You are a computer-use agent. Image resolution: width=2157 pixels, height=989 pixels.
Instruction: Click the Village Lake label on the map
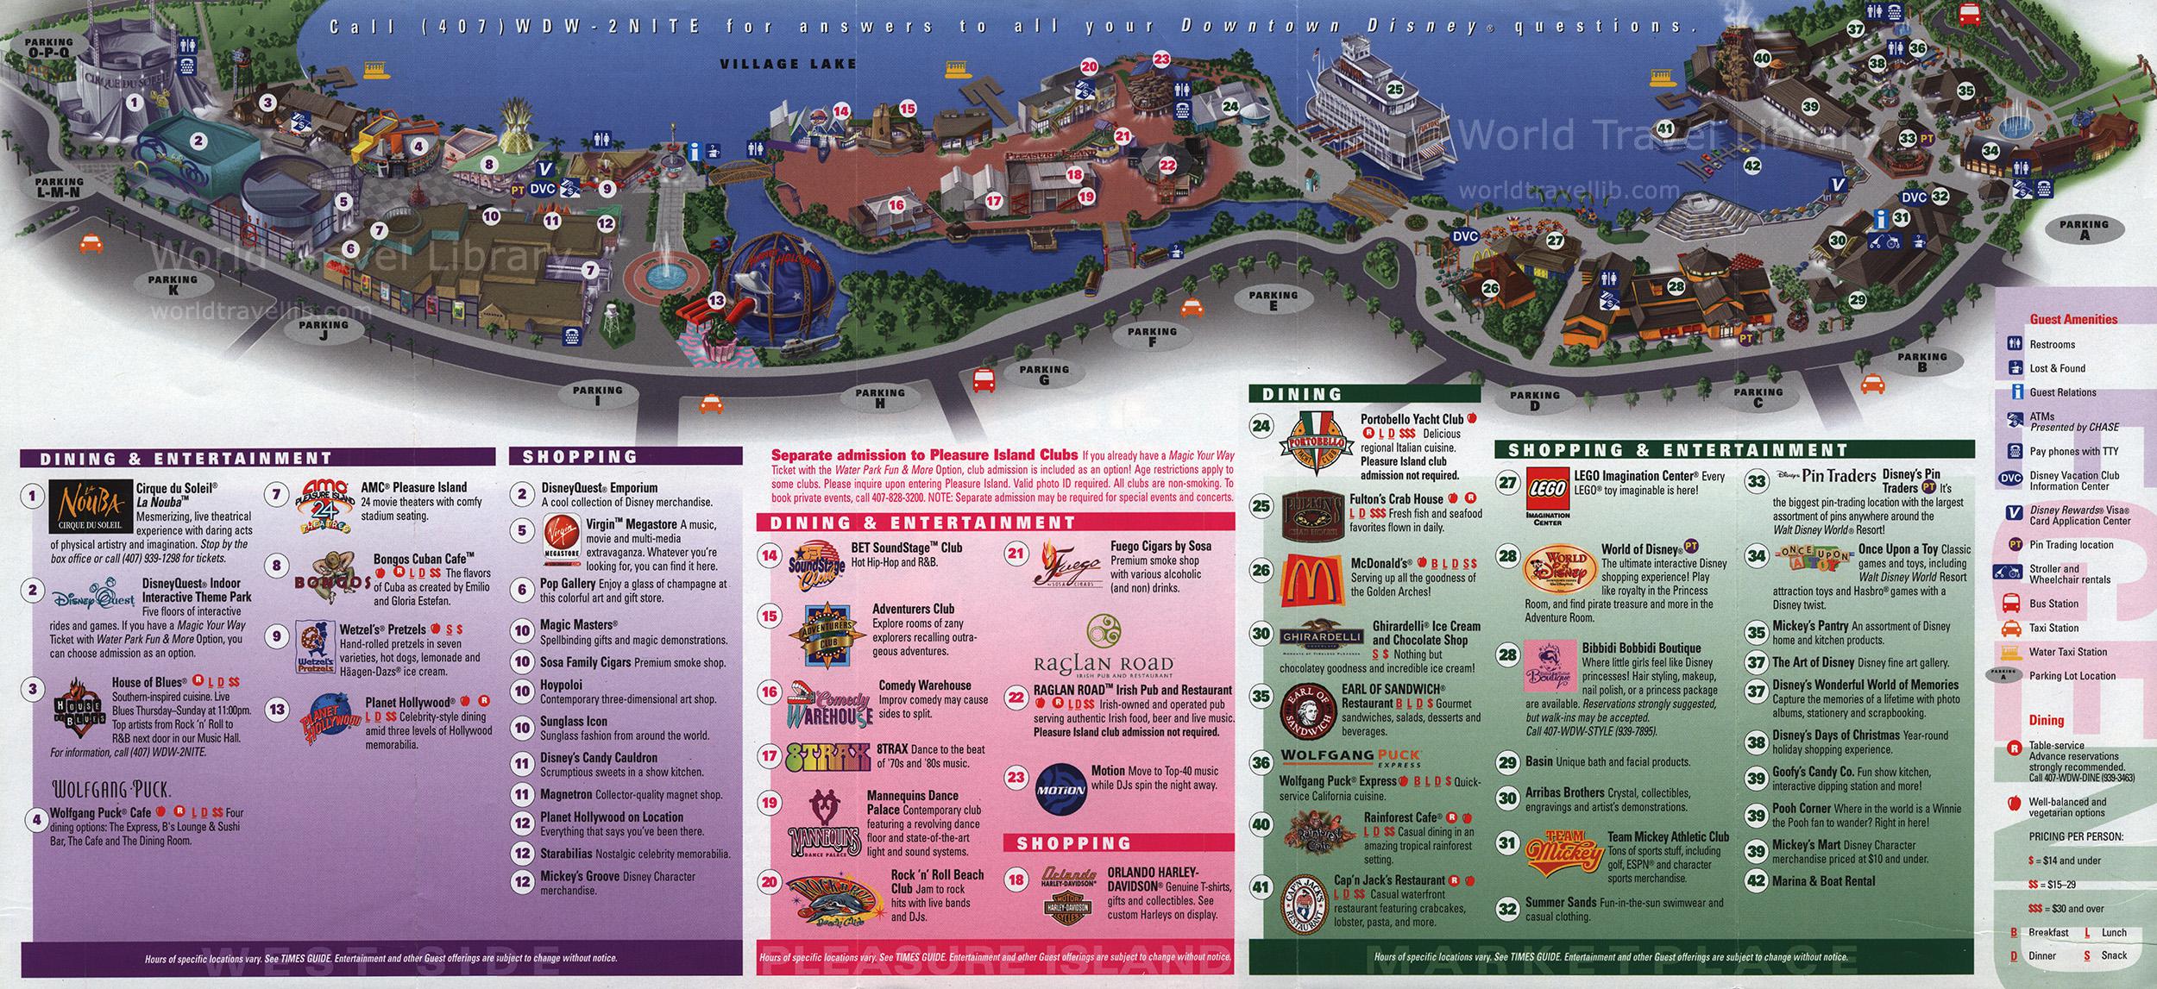tap(789, 63)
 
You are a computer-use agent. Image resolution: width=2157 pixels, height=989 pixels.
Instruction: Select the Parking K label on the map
tap(172, 285)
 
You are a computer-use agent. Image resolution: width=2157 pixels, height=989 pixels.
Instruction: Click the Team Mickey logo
tap(1560, 853)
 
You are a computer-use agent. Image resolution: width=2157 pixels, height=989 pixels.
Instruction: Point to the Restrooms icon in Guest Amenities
tap(2015, 344)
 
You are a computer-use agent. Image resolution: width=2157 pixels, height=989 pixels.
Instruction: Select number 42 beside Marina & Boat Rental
tap(1755, 881)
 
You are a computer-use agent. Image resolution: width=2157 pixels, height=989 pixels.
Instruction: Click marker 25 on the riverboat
tap(1395, 87)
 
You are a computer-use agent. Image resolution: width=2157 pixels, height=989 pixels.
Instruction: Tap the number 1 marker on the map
tap(133, 102)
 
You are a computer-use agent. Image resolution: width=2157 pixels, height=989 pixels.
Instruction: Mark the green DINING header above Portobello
tap(1302, 395)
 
